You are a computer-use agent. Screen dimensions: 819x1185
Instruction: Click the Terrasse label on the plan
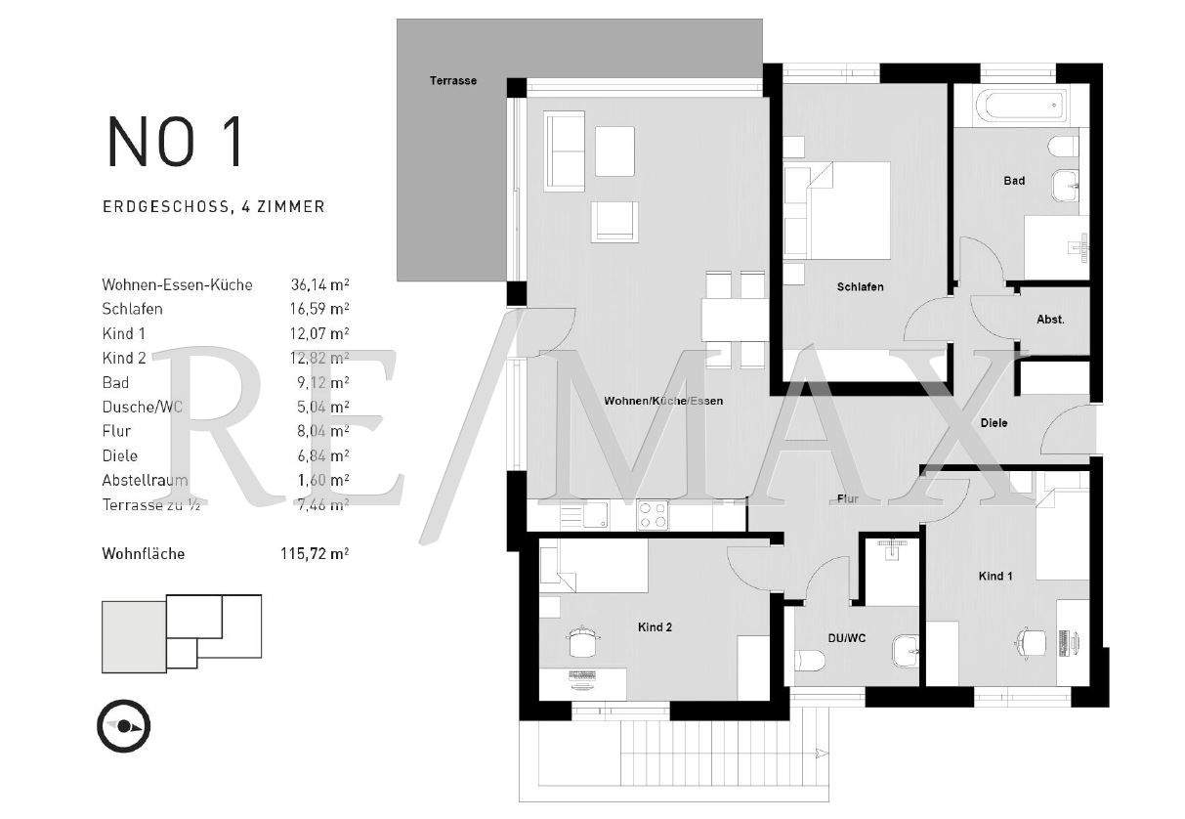coord(453,80)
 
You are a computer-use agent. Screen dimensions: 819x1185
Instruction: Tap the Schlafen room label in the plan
coord(860,287)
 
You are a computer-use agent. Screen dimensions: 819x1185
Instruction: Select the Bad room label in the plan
coord(1014,181)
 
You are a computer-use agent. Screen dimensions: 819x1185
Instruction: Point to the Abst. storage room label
coord(1050,320)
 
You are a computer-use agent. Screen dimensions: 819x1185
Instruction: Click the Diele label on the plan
coord(994,423)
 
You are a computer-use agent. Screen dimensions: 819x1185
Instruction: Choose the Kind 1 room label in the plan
coord(995,577)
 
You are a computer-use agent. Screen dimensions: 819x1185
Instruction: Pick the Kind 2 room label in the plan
coord(655,627)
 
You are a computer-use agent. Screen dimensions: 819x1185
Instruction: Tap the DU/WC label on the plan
coord(847,638)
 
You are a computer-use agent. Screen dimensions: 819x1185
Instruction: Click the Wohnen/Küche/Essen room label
coord(663,401)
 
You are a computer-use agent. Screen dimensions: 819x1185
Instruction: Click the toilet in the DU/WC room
coord(810,662)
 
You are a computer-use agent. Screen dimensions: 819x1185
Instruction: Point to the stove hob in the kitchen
coord(652,514)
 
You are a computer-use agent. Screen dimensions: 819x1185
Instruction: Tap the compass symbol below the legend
coord(123,726)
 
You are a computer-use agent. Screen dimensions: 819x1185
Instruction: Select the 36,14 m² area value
coord(319,284)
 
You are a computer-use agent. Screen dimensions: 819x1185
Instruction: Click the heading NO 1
coord(176,142)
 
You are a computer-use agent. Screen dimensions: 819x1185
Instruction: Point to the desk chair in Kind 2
coord(583,642)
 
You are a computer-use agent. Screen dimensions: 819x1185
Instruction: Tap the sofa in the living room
coord(564,151)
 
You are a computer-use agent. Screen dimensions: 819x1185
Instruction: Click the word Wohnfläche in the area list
coord(143,554)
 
